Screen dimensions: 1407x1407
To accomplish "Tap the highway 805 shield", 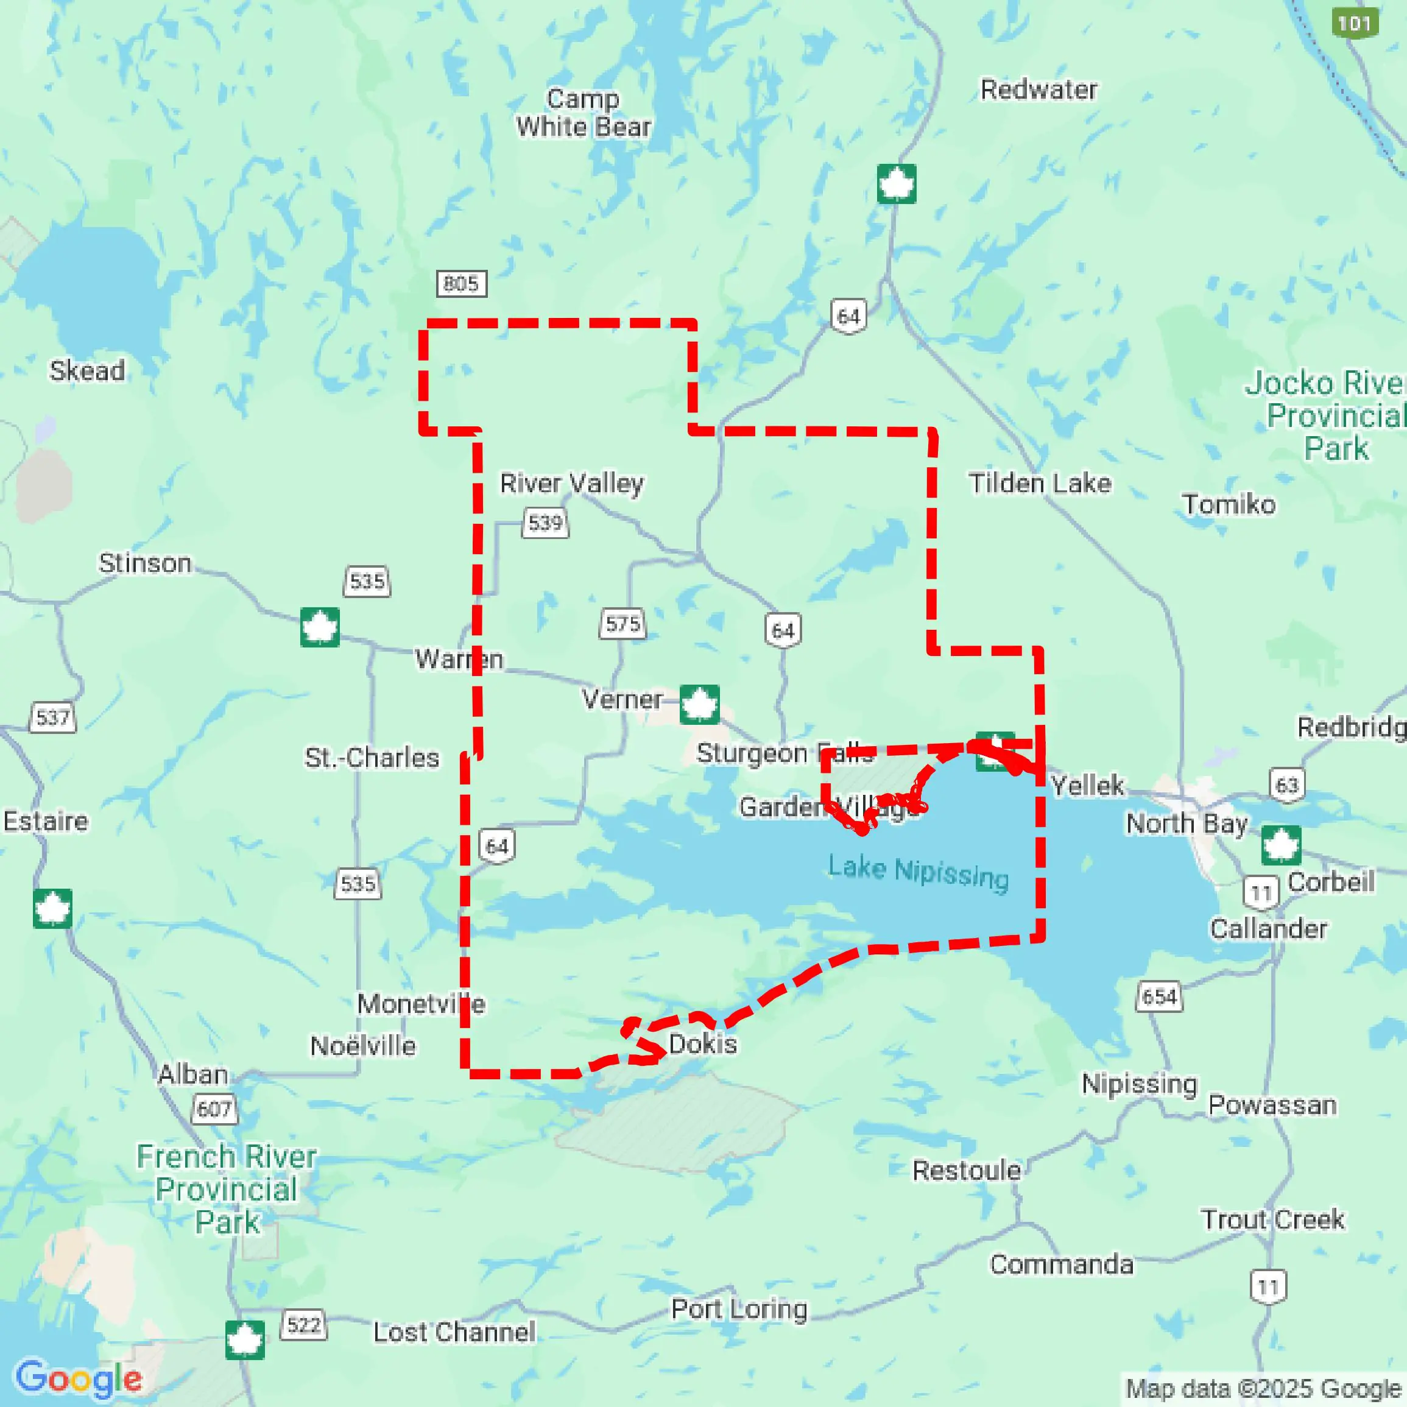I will [462, 283].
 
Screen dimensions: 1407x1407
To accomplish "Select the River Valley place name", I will [572, 483].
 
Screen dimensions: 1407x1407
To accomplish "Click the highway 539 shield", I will [546, 523].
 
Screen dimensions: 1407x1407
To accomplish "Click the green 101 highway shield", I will [1354, 23].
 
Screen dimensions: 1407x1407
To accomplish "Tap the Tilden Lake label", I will [1039, 483].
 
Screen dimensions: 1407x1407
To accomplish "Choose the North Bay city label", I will [1187, 823].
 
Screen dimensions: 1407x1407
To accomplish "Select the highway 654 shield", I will [1159, 996].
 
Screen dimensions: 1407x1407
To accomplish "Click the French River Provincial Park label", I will [227, 1189].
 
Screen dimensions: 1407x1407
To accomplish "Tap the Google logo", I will [79, 1378].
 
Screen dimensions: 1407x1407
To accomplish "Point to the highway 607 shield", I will [214, 1109].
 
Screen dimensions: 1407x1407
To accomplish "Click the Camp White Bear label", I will [584, 113].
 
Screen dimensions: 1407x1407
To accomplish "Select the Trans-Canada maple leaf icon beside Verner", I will [699, 703].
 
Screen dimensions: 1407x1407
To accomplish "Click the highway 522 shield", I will [304, 1324].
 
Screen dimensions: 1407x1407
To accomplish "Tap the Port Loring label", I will [739, 1309].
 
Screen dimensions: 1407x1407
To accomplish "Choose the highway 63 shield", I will [1287, 785].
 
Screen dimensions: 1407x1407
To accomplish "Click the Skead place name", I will [86, 371].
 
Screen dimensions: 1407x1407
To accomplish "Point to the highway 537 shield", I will [52, 718].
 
